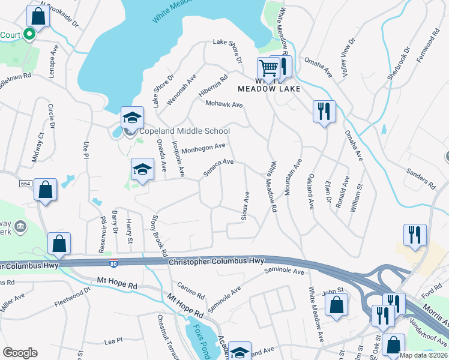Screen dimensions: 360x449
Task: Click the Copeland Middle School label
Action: point(184,131)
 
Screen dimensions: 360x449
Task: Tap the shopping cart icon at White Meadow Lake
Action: point(268,68)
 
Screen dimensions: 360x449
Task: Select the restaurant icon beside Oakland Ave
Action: point(324,111)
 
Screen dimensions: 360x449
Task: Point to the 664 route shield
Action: point(25,183)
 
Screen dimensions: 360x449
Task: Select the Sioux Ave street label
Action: point(245,206)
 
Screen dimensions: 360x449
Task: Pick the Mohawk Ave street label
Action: point(224,104)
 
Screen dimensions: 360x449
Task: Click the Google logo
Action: point(20,353)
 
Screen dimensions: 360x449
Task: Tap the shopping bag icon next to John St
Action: point(337,304)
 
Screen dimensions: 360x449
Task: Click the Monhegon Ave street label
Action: point(203,148)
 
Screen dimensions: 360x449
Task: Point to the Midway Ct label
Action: point(37,148)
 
